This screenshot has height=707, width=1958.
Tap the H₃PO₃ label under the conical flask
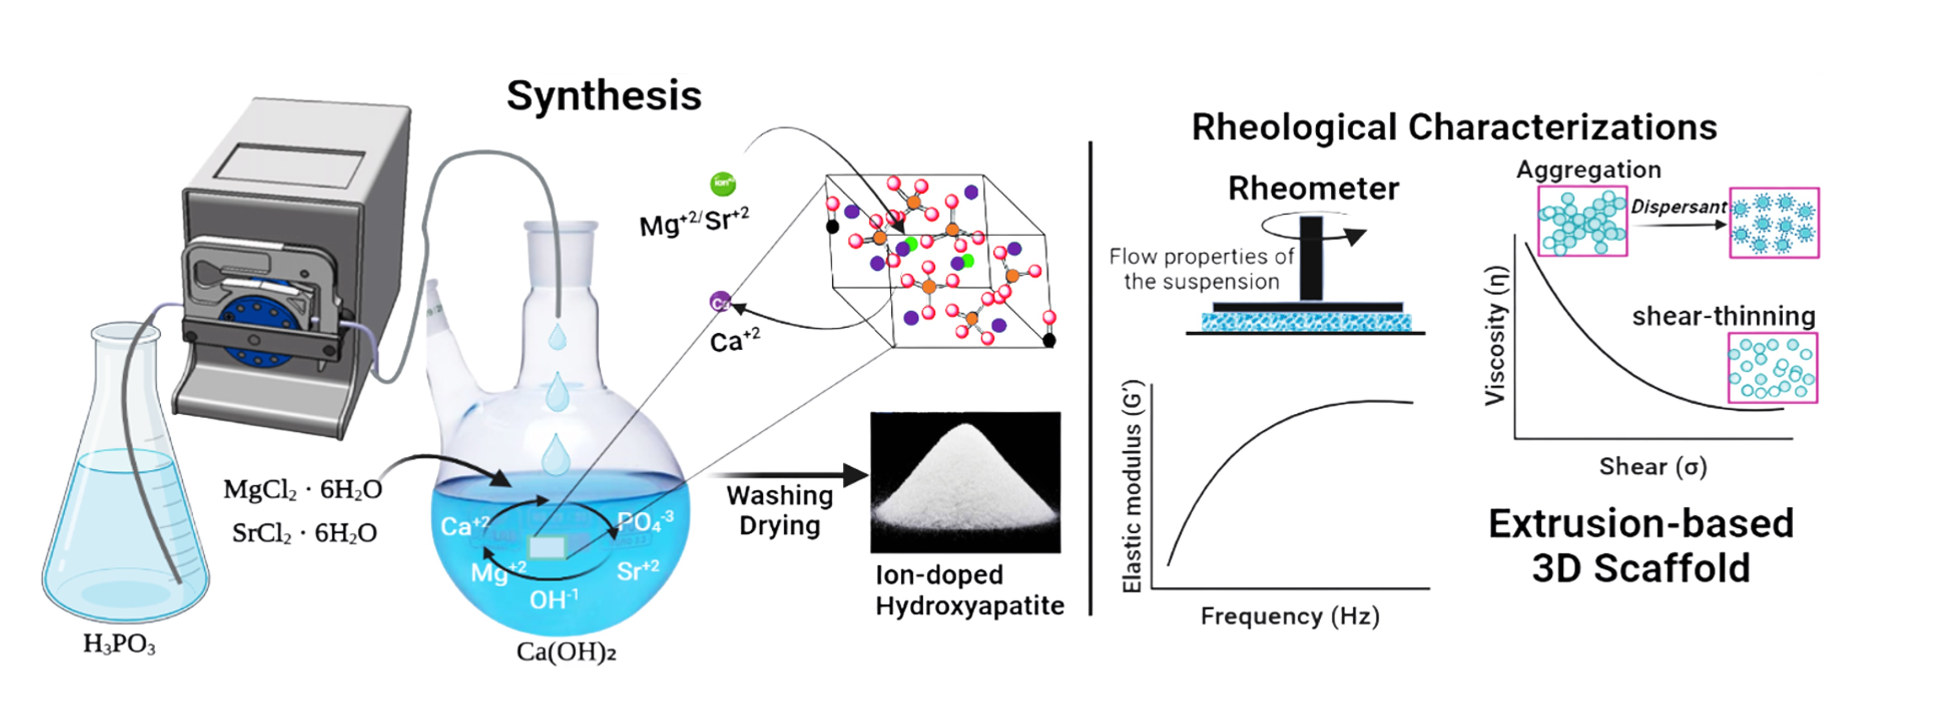click(x=119, y=644)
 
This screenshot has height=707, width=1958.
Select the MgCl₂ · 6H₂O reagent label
click(x=302, y=490)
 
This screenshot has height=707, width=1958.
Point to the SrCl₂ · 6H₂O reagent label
click(x=304, y=533)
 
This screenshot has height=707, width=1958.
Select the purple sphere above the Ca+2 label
click(x=720, y=302)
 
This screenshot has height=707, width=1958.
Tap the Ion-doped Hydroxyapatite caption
click(x=969, y=590)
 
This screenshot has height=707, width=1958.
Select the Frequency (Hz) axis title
click(x=1290, y=616)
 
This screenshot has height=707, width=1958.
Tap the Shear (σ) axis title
click(x=1652, y=466)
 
